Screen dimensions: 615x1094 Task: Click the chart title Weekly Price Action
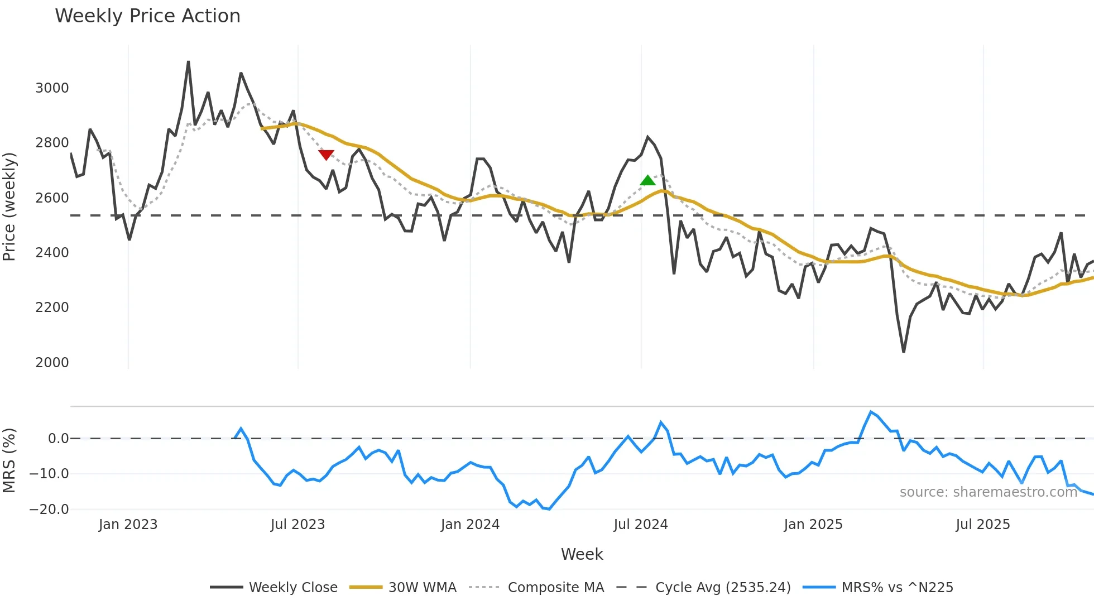click(x=147, y=16)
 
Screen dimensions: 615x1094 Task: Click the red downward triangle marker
click(x=326, y=155)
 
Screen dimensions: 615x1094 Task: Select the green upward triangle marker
click(x=647, y=180)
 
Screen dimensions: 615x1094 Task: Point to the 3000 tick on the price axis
click(x=52, y=88)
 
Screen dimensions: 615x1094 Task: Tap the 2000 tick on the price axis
click(x=52, y=363)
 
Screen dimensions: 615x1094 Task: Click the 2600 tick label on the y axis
click(x=52, y=198)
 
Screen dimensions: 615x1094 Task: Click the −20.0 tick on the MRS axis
click(x=49, y=510)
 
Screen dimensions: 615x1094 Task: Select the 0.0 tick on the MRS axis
click(x=58, y=439)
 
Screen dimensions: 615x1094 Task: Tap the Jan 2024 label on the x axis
click(x=470, y=525)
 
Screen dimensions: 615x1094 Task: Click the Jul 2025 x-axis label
click(x=983, y=525)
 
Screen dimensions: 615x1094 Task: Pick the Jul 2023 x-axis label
click(x=298, y=525)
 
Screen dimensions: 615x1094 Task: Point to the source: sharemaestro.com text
click(x=988, y=492)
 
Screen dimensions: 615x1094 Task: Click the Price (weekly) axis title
click(x=9, y=206)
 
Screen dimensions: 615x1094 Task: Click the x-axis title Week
click(x=582, y=554)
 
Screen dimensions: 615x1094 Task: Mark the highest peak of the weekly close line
click(x=188, y=62)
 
